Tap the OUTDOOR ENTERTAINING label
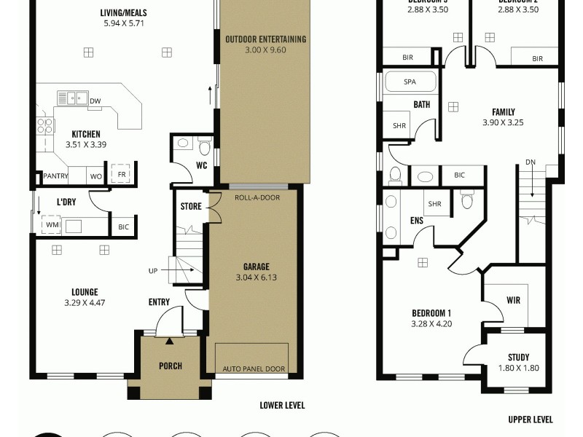tap(265, 39)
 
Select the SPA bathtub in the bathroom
tap(410, 82)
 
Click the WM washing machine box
tap(52, 226)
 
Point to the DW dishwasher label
tap(95, 101)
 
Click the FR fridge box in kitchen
tap(120, 176)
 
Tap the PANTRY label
tap(55, 176)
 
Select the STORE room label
tap(191, 207)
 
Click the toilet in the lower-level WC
tap(204, 149)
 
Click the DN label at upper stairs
tap(531, 162)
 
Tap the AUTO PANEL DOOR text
tap(254, 369)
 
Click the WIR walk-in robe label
tap(513, 300)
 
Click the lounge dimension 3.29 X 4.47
tap(85, 302)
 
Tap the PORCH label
tap(170, 366)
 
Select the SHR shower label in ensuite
tap(435, 204)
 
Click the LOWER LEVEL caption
tap(282, 405)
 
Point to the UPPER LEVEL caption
tap(530, 420)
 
